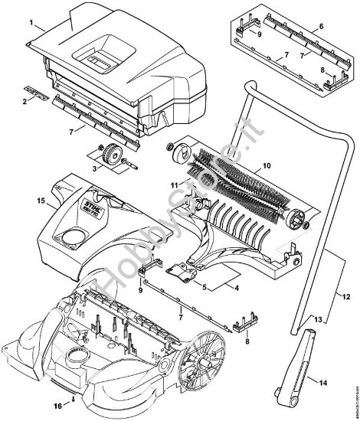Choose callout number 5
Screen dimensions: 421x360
tap(203, 288)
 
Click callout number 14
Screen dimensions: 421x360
tap(322, 381)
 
